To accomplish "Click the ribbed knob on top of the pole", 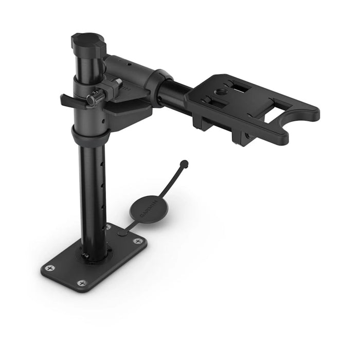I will pos(88,43).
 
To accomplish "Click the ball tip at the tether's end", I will pos(184,164).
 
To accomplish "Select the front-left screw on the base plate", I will pos(49,268).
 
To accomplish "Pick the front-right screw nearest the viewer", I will pos(82,283).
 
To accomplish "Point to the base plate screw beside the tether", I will pos(137,241).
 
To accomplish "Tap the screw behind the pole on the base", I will pos(107,226).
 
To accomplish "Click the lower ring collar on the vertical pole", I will pos(91,137).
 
